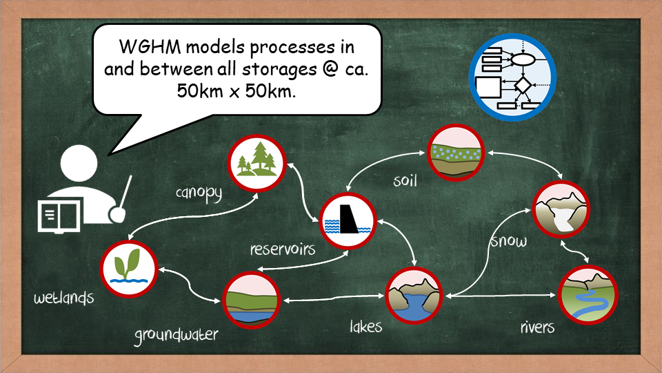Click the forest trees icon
(257, 163)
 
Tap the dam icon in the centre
(348, 221)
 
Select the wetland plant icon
(129, 269)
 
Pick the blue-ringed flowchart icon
(512, 77)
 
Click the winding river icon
(588, 295)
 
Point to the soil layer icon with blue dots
(456, 153)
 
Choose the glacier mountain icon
(561, 209)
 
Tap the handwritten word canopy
(199, 193)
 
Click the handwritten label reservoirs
(283, 249)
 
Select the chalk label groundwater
(177, 336)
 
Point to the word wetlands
(63, 298)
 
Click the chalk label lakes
(365, 326)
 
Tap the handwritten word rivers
(537, 327)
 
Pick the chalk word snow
(509, 241)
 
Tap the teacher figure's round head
(79, 163)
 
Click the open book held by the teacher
(59, 216)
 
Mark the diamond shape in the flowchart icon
(523, 86)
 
